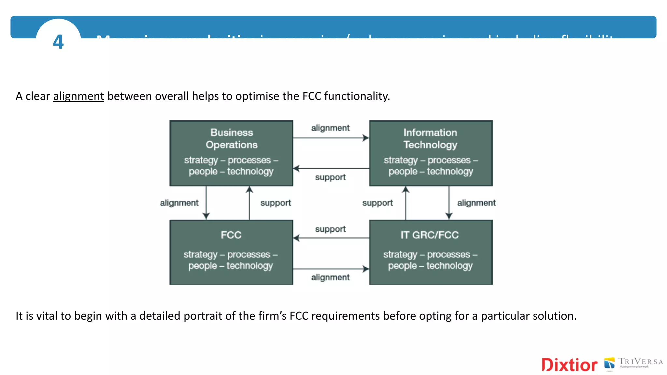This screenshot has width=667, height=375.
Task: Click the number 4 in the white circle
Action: (58, 42)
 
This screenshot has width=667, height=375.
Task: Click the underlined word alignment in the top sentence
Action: (78, 96)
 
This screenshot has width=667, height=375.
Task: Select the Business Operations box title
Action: (232, 139)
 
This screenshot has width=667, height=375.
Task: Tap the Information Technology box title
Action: (430, 139)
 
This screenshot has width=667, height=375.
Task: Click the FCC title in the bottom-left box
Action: (231, 235)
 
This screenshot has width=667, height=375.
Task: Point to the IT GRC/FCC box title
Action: (430, 235)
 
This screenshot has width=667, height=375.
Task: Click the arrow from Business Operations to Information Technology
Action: (331, 138)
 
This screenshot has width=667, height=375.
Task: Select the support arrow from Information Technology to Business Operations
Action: (331, 168)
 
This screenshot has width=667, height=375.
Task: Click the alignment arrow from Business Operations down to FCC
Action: (206, 202)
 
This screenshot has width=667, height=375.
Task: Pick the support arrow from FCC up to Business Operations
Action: (249, 202)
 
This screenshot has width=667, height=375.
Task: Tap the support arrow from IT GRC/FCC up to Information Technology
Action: (405, 202)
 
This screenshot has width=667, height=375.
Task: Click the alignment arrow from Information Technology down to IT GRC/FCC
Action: (449, 202)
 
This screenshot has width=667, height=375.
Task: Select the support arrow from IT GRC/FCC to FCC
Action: (331, 238)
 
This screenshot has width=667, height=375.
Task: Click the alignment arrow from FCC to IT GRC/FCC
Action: (331, 269)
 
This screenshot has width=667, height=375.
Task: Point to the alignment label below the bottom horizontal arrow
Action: (330, 277)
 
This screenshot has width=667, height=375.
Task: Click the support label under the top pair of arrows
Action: (330, 177)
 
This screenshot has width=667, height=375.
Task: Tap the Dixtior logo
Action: (569, 365)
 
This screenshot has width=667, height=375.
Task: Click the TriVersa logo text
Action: (640, 362)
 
